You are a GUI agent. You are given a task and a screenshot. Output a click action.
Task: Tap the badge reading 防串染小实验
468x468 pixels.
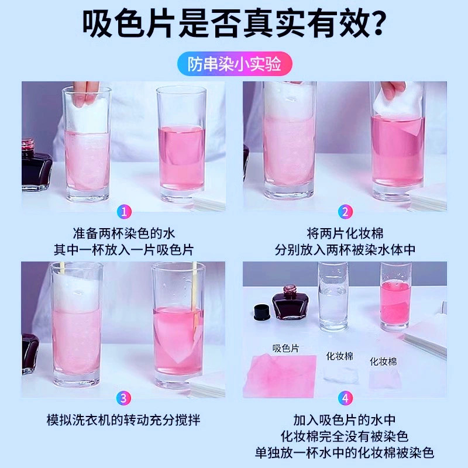234,64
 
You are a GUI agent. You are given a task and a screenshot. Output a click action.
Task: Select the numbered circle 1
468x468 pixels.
123,212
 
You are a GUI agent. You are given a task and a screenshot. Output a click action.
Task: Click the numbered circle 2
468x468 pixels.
345,212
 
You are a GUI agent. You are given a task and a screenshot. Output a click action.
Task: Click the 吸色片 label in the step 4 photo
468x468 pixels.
286,348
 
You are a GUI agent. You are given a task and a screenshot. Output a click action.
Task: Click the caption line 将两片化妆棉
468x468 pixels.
345,232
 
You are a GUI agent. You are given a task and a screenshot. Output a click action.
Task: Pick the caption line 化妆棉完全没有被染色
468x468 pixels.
345,436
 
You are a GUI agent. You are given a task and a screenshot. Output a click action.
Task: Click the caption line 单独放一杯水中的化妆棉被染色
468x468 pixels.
345,453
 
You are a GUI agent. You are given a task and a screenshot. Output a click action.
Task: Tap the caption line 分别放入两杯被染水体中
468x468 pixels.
345,249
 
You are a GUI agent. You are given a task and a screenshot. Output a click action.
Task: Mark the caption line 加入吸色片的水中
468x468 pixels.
345,420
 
